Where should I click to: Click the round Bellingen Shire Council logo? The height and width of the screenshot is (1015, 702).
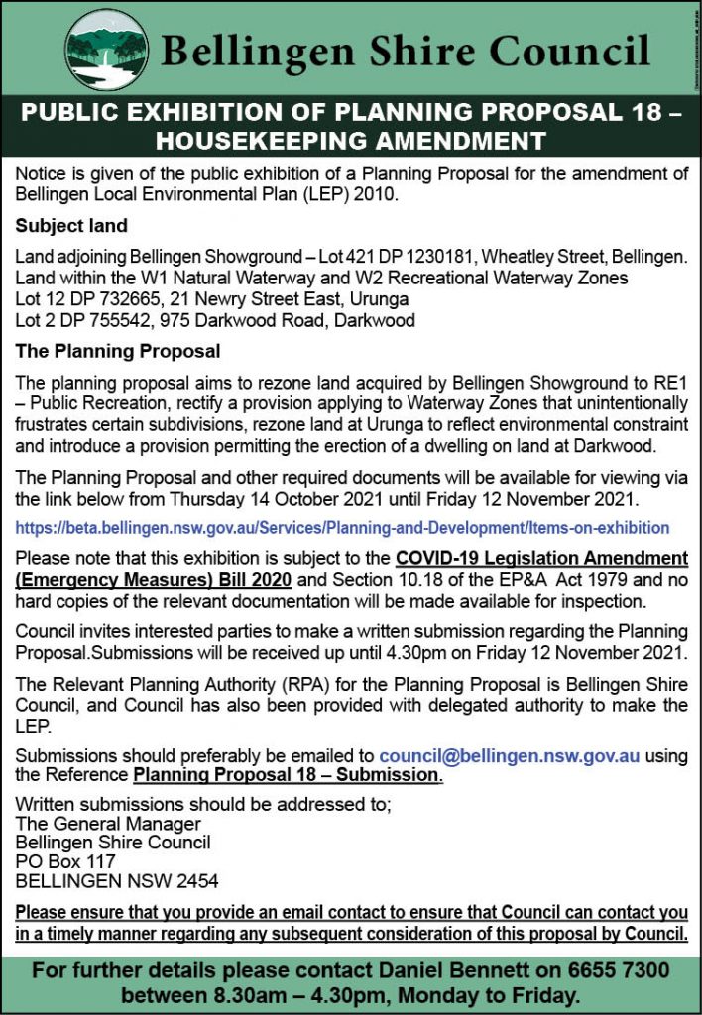(106, 51)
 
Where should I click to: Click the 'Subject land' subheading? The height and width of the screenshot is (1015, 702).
(71, 226)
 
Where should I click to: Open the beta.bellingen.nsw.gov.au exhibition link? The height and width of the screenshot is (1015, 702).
(342, 528)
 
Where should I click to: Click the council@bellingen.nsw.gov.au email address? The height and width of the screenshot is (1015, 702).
(509, 755)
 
